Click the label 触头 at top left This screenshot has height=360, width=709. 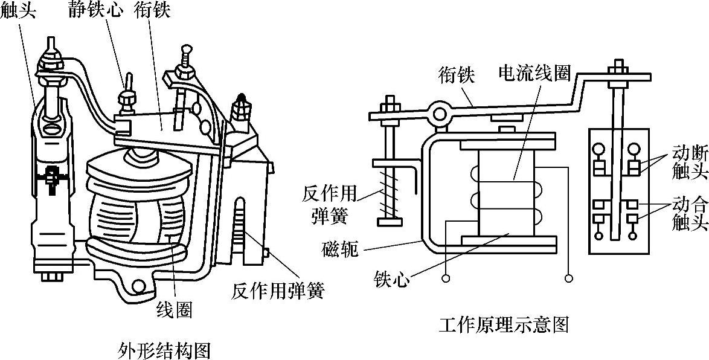pos(18,11)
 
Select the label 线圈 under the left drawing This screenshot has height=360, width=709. pos(175,310)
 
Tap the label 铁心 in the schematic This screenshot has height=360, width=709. pos(391,279)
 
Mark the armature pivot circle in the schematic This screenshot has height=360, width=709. pos(438,112)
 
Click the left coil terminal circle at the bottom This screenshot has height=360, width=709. pos(446,278)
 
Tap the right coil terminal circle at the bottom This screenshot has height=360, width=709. pos(568,278)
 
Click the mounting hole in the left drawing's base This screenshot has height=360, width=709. pos(140,286)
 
